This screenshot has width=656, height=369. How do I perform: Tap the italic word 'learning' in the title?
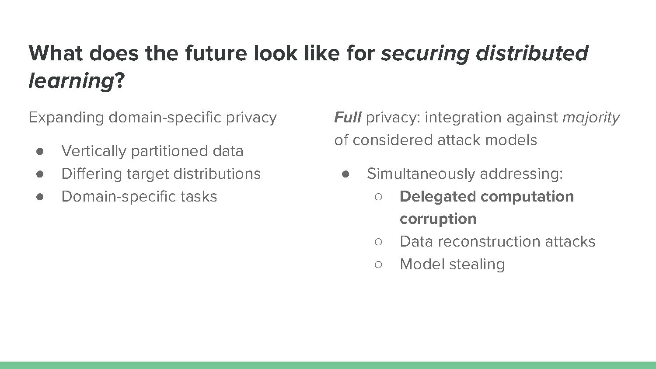(71, 81)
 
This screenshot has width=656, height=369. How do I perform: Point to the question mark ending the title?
(119, 80)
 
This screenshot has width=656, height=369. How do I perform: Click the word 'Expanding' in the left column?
(66, 118)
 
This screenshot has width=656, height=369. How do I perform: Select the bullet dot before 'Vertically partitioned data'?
(40, 151)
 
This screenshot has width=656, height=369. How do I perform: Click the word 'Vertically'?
(94, 152)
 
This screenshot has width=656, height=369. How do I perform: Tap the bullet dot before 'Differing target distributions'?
(40, 174)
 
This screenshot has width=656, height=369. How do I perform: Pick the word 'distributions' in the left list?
(217, 174)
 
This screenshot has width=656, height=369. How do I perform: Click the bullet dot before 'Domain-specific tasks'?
(40, 197)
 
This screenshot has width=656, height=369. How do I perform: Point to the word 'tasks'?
(199, 196)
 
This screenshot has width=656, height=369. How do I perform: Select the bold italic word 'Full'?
(348, 117)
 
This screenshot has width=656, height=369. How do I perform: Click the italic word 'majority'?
(591, 118)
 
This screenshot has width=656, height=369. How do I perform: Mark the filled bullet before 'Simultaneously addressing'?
(345, 174)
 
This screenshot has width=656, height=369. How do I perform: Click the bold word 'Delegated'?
(437, 197)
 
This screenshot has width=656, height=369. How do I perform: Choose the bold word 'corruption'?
(438, 219)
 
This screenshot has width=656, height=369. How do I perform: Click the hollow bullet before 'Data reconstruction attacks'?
(378, 242)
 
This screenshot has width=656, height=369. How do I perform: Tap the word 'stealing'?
(477, 265)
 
